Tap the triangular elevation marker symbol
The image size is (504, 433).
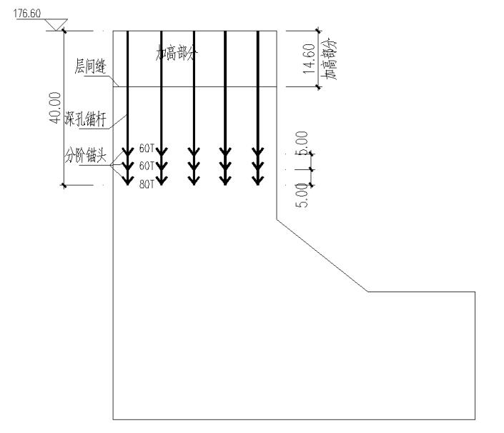coord(53,25)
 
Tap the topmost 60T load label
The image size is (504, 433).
coord(147,149)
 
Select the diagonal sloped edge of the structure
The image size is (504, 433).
coord(322,254)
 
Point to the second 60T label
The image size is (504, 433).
coord(147,166)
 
